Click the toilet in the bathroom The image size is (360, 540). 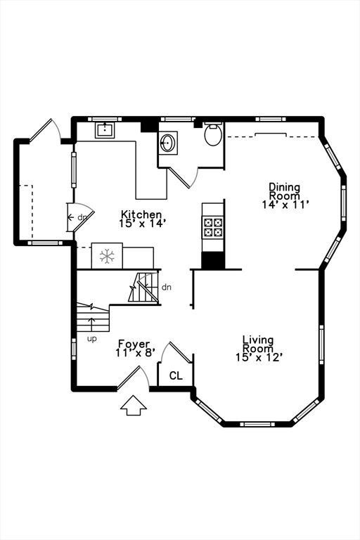[213, 134]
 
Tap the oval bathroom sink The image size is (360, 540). [168, 143]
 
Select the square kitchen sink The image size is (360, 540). [105, 129]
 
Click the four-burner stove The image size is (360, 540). [213, 227]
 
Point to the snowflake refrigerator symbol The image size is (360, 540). [107, 256]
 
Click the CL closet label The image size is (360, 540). [176, 375]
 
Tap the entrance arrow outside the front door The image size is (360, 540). [134, 405]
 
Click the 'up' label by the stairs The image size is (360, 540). [91, 339]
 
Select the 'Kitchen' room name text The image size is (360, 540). [141, 214]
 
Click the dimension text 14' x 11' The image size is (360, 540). [285, 205]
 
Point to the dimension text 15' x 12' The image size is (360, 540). [259, 357]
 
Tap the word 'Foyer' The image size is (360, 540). [134, 344]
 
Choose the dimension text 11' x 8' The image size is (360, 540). [135, 352]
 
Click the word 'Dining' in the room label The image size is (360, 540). [284, 187]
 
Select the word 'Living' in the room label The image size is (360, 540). [258, 340]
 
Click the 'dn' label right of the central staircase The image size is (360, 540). [167, 287]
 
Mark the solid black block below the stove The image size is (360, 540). [213, 260]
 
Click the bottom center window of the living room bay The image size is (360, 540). [257, 424]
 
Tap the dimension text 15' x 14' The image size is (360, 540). [143, 223]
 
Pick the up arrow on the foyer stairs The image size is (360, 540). [91, 324]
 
